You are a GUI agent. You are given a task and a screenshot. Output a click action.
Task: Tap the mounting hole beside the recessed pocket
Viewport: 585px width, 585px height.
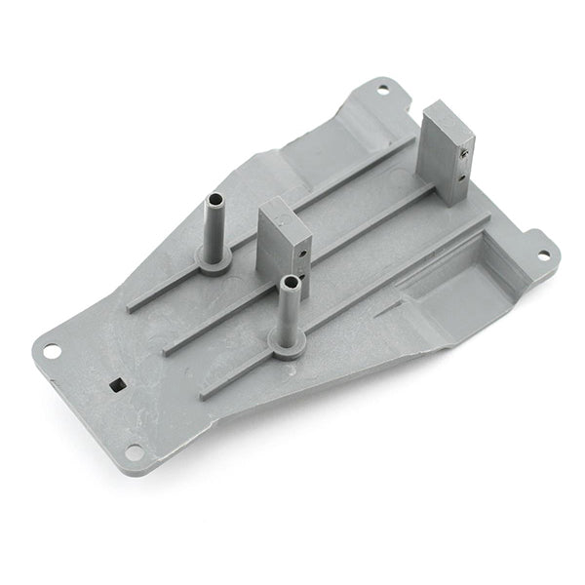coord(544,255)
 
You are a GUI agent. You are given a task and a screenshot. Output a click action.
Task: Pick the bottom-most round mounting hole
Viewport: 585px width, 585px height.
coord(134,450)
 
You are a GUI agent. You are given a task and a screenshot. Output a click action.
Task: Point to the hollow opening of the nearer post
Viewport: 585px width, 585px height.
coord(289,282)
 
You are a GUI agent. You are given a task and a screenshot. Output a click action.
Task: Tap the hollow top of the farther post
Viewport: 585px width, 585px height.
coord(214,200)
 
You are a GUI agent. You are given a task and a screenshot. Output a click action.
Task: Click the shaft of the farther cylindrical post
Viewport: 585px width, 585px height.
coord(214,229)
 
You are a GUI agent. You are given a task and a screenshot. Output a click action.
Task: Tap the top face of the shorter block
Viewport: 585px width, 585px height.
coord(284,217)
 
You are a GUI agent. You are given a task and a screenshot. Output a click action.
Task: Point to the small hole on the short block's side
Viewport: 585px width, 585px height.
coord(302,253)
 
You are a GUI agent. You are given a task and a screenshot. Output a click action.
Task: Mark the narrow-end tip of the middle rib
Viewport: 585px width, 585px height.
coord(169,348)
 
